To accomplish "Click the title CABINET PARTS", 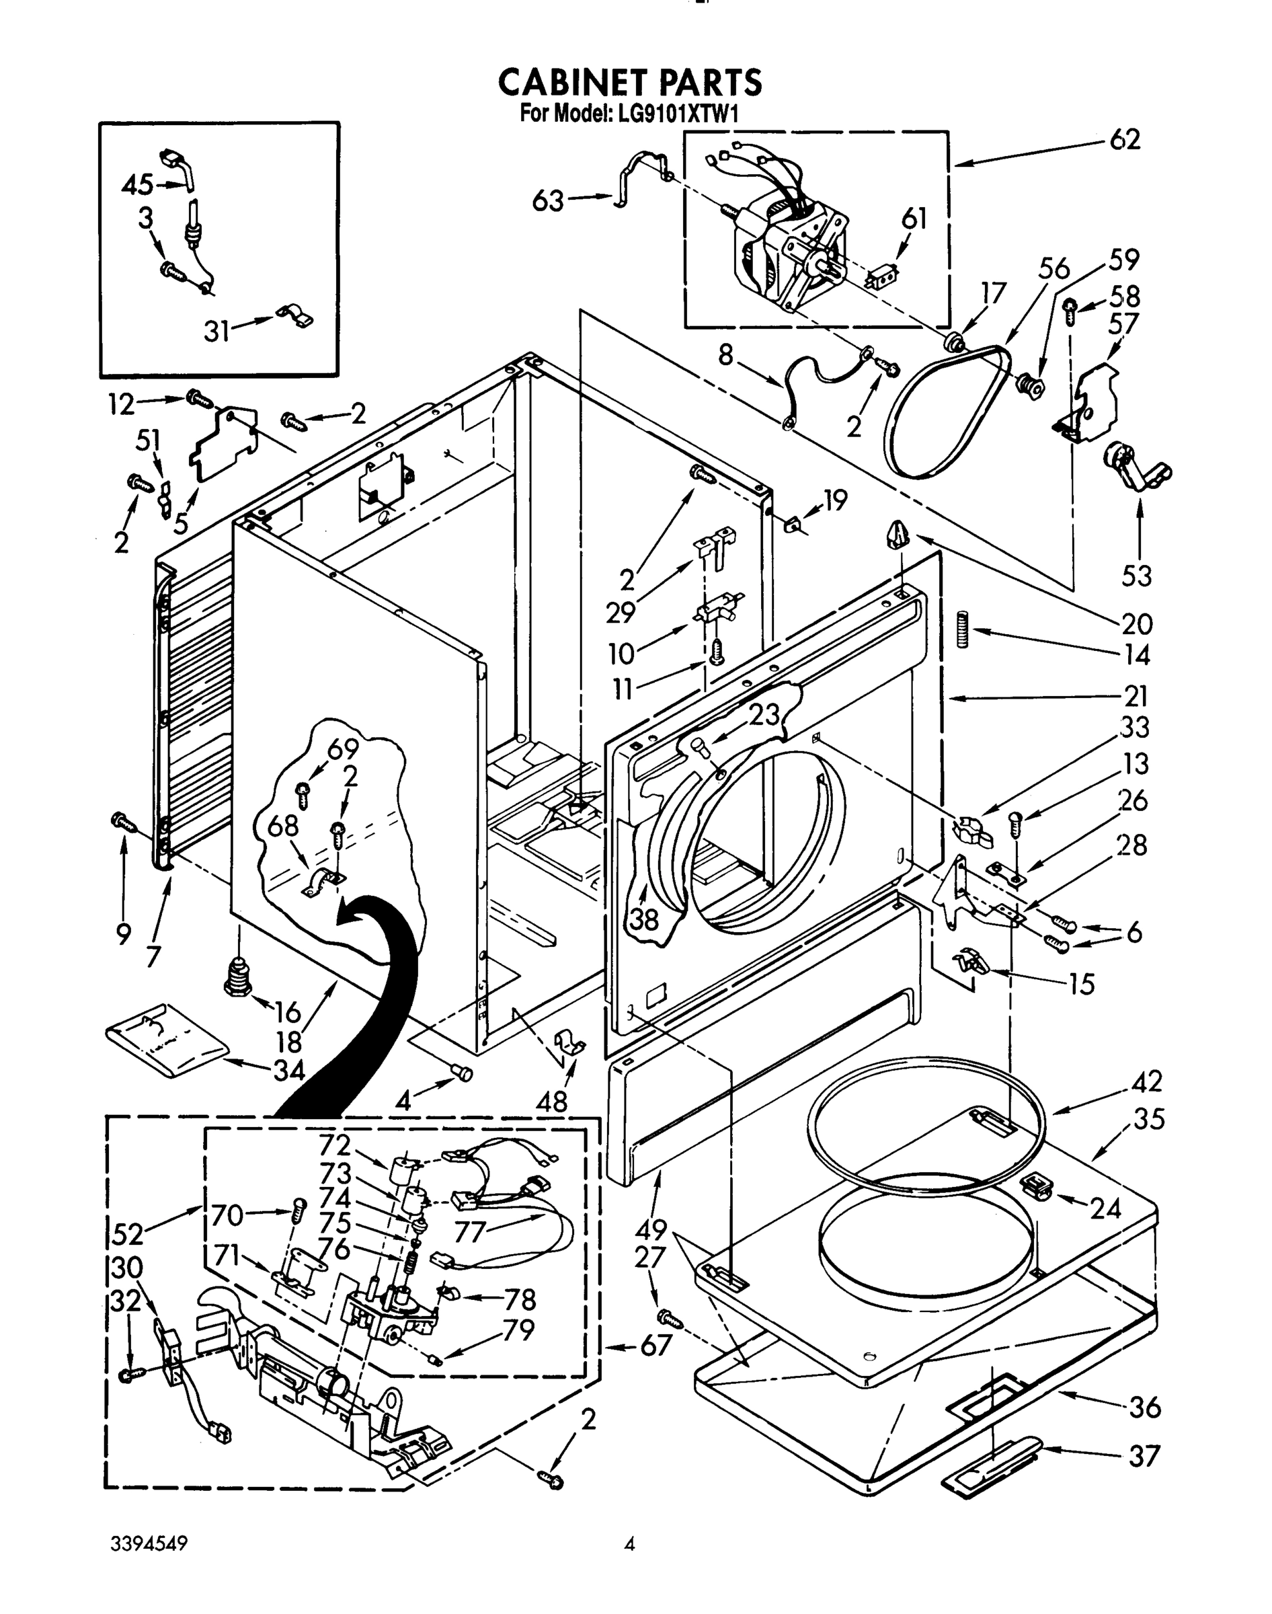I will pos(629,82).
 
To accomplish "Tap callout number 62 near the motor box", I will pos(1125,140).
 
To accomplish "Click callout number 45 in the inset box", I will pos(137,184).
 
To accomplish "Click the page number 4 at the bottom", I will pos(629,1545).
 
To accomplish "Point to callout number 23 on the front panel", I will pos(763,714).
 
